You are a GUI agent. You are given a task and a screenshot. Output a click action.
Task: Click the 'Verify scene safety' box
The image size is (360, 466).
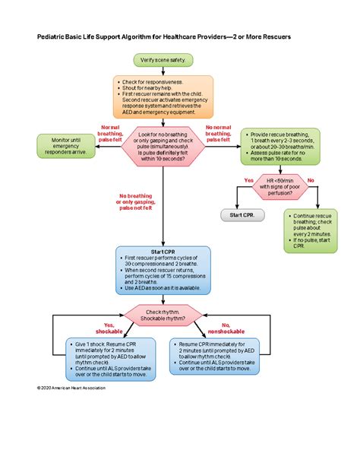point(164,59)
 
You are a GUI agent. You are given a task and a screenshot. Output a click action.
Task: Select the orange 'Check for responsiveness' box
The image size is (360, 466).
point(164,95)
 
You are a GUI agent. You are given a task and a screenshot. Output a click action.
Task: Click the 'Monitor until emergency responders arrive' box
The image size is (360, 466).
point(67,146)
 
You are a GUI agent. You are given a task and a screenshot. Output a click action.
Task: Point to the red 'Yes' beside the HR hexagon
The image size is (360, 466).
point(248,180)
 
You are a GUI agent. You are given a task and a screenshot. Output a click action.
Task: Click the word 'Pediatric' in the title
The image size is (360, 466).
point(52,36)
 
